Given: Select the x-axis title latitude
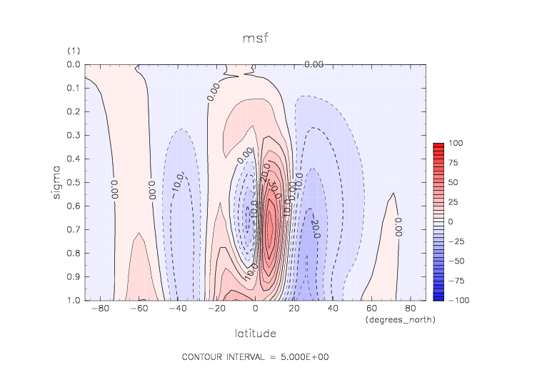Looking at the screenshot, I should click(x=255, y=333).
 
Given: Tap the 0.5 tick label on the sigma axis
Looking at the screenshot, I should click(x=72, y=182).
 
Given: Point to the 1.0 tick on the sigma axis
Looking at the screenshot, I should click(x=72, y=300).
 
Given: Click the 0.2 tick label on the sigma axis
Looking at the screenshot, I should click(x=72, y=111).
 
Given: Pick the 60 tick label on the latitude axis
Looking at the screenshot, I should click(x=373, y=309).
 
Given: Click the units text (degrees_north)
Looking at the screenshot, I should click(x=400, y=319).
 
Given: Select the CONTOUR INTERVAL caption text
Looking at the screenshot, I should click(x=255, y=356).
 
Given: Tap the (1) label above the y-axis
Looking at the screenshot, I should click(x=74, y=51).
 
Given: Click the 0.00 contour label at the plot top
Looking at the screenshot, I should click(x=315, y=65).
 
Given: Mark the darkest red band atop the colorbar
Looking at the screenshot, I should click(x=438, y=145).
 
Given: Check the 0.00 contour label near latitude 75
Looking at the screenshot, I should click(x=398, y=226).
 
